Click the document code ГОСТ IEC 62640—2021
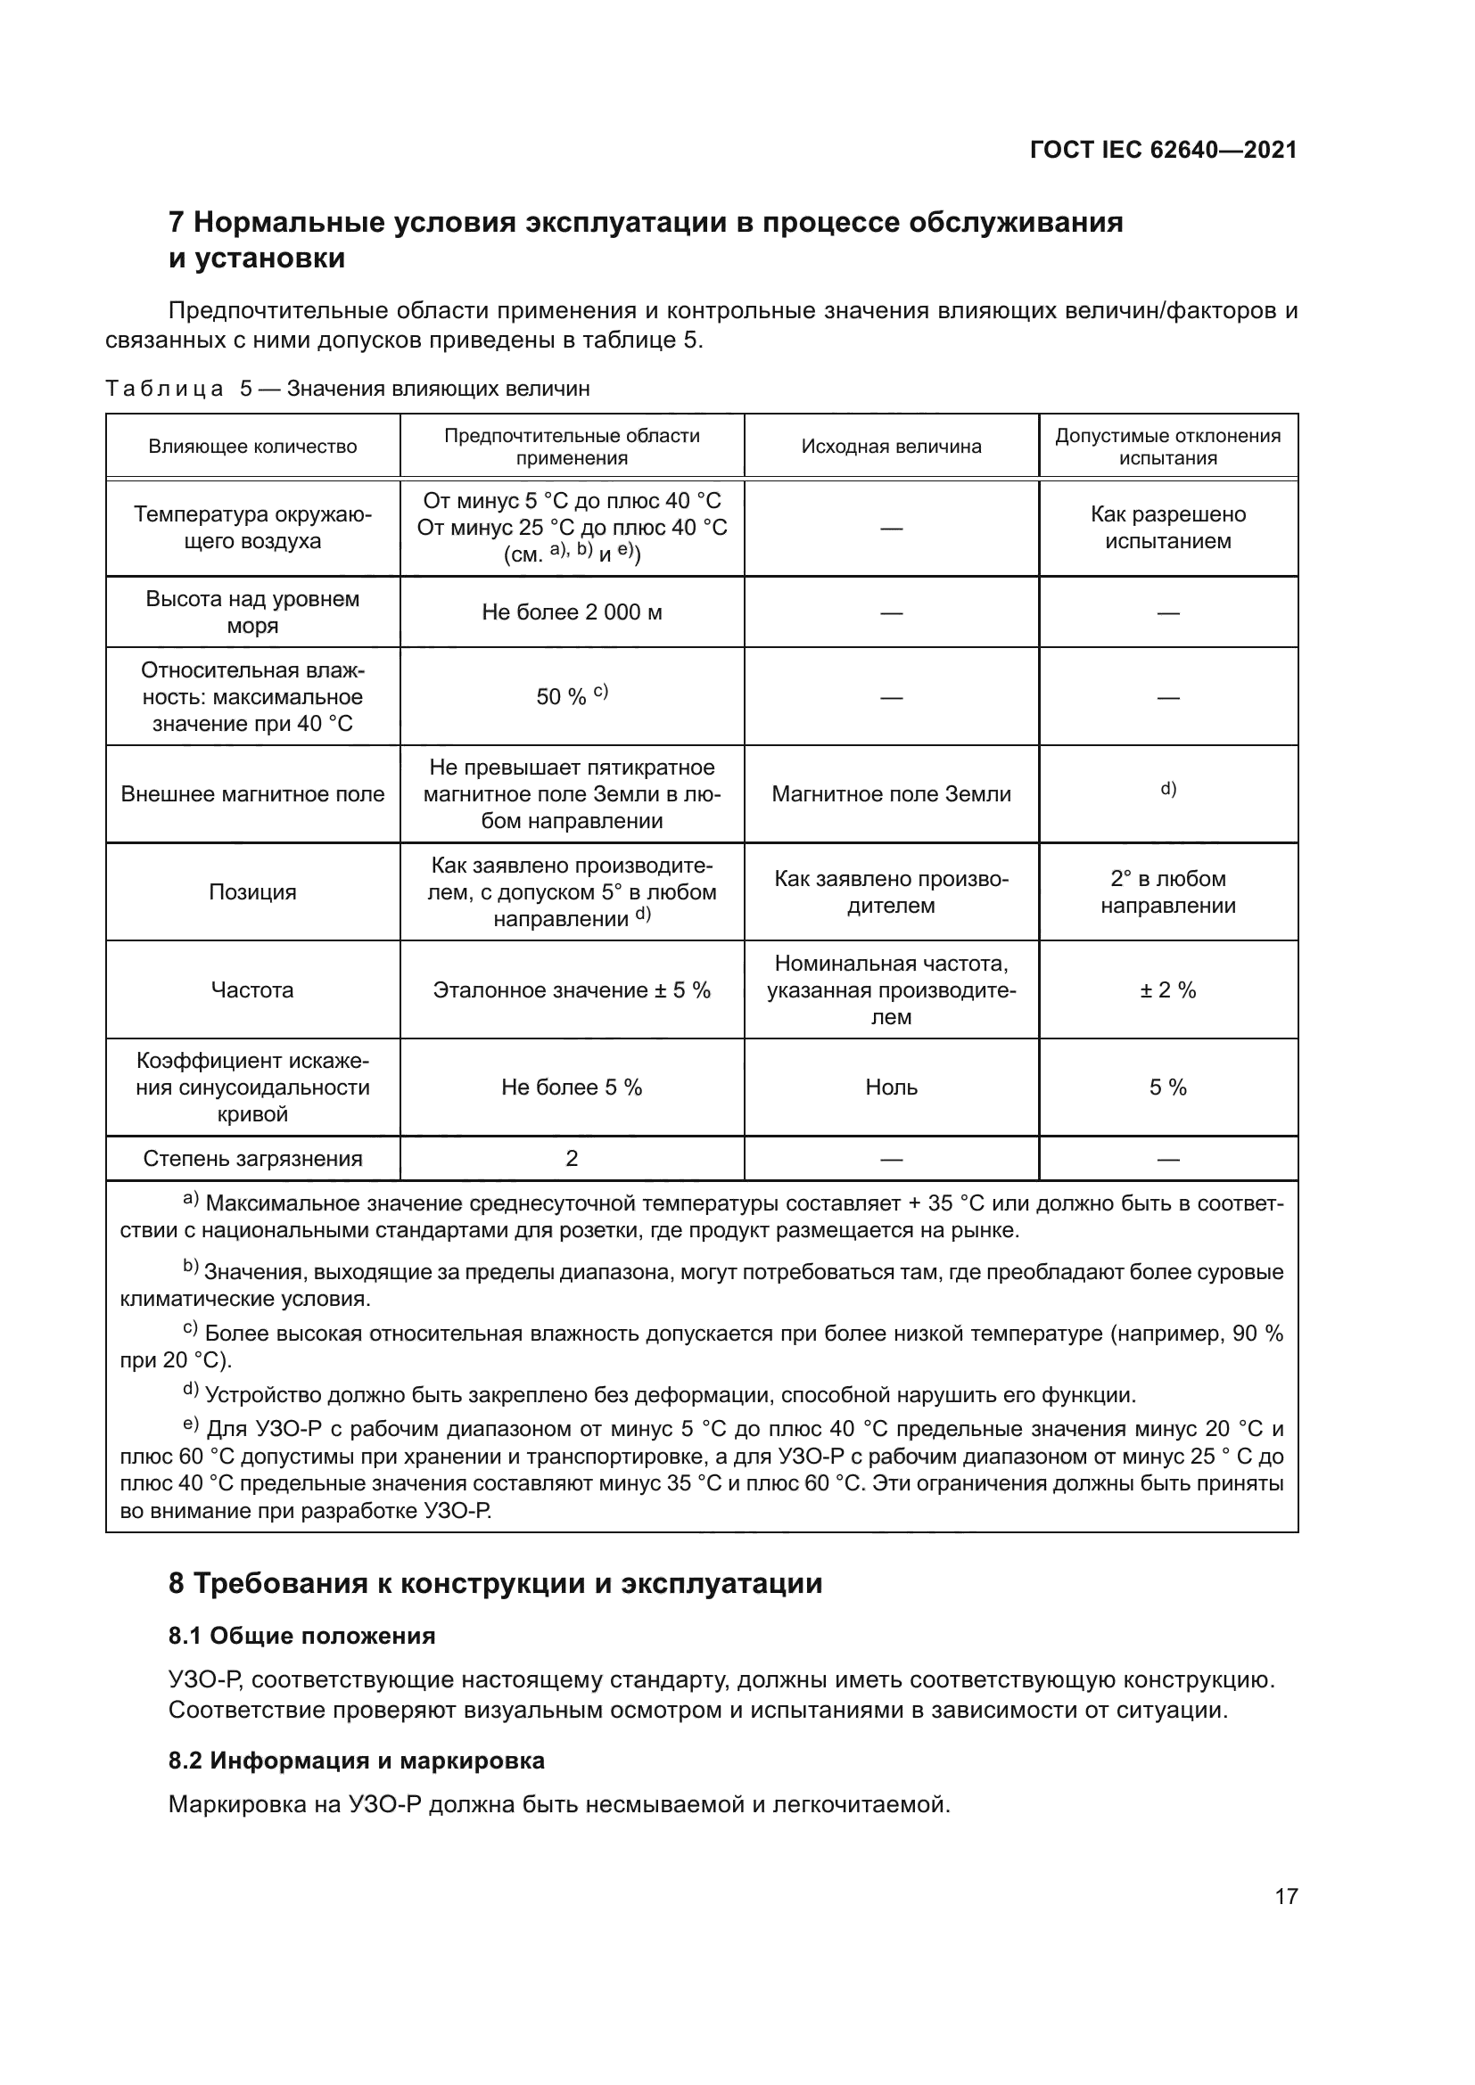[1163, 150]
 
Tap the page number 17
[1286, 1896]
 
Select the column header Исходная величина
[891, 446]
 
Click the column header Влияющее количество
[252, 446]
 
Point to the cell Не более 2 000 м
[572, 612]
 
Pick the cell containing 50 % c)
[572, 696]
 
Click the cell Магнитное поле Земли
[891, 793]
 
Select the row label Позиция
[252, 891]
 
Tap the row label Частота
[252, 989]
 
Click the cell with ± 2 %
[1168, 989]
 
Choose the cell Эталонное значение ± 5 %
[572, 989]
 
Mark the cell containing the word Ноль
[891, 1087]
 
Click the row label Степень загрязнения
[252, 1158]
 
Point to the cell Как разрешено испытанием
[1168, 528]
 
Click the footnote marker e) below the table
[191, 1426]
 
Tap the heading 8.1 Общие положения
[301, 1636]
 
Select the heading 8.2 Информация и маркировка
[356, 1760]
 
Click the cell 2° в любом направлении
[1168, 891]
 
